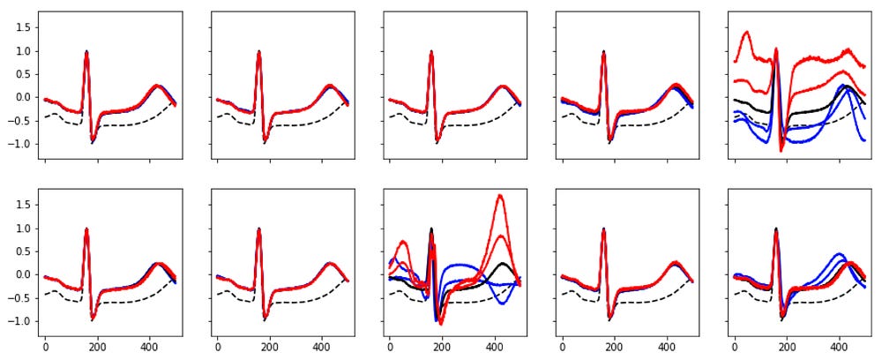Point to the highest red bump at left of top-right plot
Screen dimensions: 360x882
point(746,33)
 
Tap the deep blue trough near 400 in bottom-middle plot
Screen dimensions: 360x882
point(502,304)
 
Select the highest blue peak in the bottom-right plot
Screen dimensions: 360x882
point(838,254)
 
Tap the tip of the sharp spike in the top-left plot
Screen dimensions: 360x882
point(86,51)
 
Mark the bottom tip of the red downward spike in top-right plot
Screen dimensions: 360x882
point(780,151)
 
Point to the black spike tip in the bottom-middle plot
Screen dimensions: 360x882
point(431,229)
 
